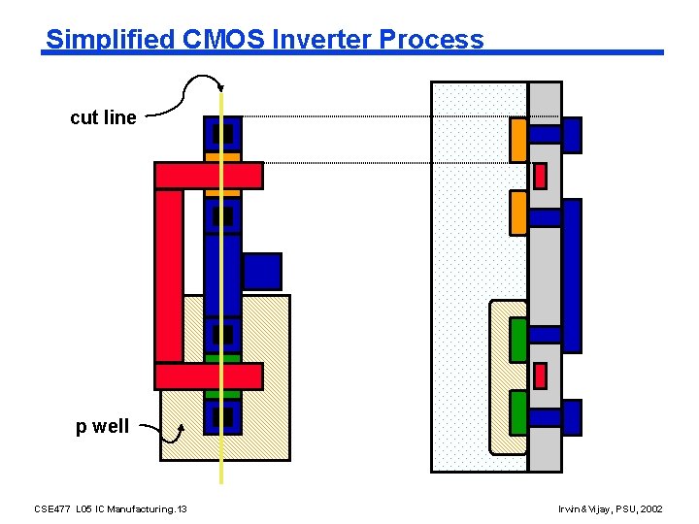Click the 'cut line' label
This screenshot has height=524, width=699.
click(x=103, y=117)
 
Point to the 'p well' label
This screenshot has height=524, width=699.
click(x=103, y=426)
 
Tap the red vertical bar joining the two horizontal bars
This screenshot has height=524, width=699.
click(x=168, y=275)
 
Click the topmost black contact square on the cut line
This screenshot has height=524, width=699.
click(x=223, y=134)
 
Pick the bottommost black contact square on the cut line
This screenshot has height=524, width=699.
click(x=223, y=417)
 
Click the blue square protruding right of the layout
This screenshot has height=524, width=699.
click(x=261, y=272)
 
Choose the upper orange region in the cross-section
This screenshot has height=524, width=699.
click(x=518, y=139)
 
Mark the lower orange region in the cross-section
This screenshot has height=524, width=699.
click(x=518, y=213)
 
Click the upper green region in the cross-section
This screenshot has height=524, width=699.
click(x=518, y=340)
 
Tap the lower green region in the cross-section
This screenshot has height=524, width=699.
click(x=518, y=412)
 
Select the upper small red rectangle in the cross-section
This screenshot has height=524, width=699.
click(x=541, y=176)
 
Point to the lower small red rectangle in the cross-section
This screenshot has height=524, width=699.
click(x=541, y=375)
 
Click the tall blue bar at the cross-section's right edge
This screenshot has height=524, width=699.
click(x=572, y=275)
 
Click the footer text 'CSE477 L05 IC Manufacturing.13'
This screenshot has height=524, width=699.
click(x=111, y=508)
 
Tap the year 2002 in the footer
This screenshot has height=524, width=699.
click(x=651, y=508)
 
